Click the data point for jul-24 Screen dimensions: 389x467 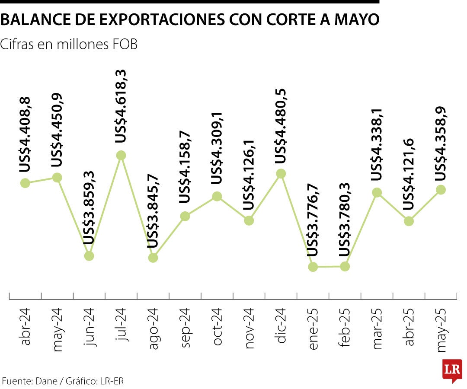tap(121, 155)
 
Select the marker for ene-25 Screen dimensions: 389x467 tap(313, 267)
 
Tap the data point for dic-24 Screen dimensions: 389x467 tap(281, 174)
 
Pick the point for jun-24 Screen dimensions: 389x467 tap(89, 256)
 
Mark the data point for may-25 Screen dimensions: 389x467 tap(441, 189)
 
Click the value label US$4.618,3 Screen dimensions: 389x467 tap(121, 106)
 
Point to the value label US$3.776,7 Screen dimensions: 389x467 tap(313, 220)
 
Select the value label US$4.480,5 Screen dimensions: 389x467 tap(281, 126)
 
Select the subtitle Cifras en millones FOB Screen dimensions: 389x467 tap(69, 44)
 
